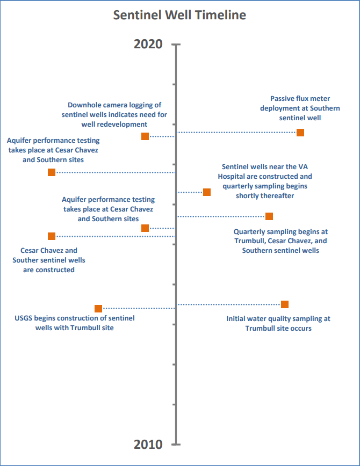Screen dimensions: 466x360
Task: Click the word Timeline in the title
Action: [220, 15]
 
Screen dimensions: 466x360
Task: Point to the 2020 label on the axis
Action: [148, 44]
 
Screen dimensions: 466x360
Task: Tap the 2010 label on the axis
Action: [148, 445]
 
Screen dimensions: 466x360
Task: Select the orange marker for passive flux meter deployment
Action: [300, 132]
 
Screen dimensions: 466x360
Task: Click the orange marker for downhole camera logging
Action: [145, 136]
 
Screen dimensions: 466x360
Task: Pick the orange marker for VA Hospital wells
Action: [207, 192]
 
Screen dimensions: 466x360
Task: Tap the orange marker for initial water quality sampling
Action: [285, 304]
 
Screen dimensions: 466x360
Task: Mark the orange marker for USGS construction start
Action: [98, 309]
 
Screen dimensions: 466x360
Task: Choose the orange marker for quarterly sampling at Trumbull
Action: [269, 216]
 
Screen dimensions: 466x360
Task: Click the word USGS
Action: [24, 318]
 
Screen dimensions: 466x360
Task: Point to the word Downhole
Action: [84, 105]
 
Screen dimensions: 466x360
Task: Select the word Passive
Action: [283, 99]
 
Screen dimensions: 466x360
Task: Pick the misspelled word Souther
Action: [26, 260]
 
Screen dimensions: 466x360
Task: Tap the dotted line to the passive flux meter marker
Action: [236, 132]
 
